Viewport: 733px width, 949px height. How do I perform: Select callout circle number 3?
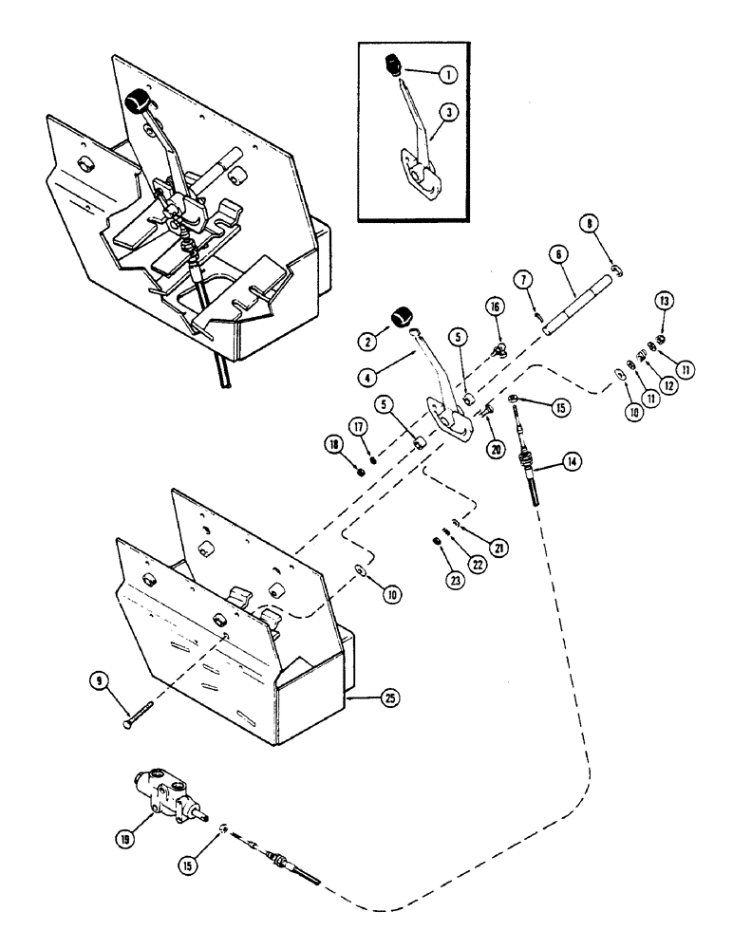click(450, 112)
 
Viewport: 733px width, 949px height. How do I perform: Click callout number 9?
click(99, 679)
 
